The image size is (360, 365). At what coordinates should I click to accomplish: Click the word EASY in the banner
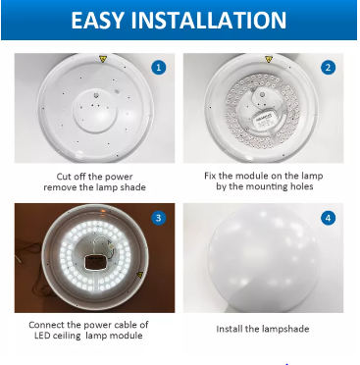tap(98, 20)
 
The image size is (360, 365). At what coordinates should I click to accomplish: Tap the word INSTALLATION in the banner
tap(209, 20)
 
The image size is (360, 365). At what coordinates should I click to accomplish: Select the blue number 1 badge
tap(159, 68)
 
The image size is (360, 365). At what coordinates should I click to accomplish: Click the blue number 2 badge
tap(328, 68)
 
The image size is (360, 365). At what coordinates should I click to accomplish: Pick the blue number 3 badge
tap(159, 218)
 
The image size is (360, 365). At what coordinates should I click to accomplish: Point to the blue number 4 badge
tap(328, 218)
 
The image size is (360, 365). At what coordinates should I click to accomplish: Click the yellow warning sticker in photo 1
tap(103, 59)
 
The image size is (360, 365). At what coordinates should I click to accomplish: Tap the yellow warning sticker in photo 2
tap(269, 59)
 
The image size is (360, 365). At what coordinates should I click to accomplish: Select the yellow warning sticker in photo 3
tap(139, 275)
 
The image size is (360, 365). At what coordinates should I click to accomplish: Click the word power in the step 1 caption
tap(119, 177)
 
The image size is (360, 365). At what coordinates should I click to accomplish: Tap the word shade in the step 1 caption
tap(133, 187)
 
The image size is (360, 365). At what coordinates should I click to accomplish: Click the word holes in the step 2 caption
tap(302, 186)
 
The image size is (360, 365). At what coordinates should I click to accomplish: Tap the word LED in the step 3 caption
tap(42, 336)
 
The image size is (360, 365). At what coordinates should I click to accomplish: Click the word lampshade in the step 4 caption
tap(285, 329)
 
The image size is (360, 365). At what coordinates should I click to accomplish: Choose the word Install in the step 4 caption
tap(229, 329)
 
